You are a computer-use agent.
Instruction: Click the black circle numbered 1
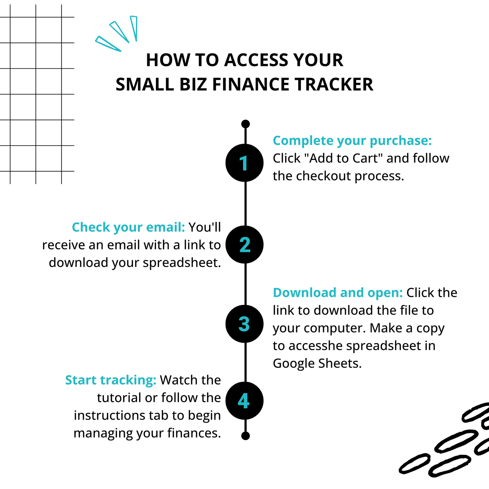point(244,163)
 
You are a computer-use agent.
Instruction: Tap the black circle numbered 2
point(244,244)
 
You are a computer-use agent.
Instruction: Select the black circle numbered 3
point(244,324)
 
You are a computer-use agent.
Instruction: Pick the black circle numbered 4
point(244,401)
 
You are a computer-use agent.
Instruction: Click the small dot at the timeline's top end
point(245,124)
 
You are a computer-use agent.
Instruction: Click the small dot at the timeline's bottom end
point(245,436)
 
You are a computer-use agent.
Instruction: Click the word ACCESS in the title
point(256,60)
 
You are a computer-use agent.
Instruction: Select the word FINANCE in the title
point(250,84)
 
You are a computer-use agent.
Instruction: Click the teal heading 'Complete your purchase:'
point(352,140)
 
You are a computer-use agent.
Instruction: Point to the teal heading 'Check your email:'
point(128,227)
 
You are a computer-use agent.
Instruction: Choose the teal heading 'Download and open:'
point(338,293)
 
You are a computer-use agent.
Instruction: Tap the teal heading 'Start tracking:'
point(111,380)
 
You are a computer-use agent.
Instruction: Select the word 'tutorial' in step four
point(119,398)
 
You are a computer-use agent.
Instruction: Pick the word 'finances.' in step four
point(194,433)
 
